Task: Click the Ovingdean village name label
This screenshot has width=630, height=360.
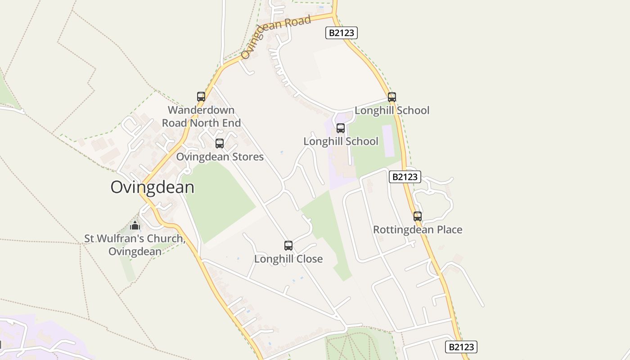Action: pyautogui.click(x=152, y=187)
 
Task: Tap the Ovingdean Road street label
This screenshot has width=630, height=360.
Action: pyautogui.click(x=276, y=36)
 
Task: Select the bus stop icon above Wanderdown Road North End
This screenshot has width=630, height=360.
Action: pyautogui.click(x=201, y=96)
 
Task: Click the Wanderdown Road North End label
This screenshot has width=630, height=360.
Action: pyautogui.click(x=201, y=117)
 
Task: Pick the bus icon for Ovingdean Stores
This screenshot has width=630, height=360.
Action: pyautogui.click(x=220, y=144)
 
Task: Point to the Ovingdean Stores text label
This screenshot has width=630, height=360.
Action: pyautogui.click(x=220, y=157)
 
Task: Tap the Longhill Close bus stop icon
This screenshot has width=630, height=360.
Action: pyautogui.click(x=288, y=246)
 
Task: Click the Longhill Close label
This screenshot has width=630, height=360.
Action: pyautogui.click(x=288, y=259)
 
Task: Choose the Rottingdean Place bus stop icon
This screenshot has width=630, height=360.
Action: pyautogui.click(x=418, y=216)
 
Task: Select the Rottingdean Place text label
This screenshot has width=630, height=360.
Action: pyautogui.click(x=418, y=229)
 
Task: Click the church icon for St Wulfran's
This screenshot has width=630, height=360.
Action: pyautogui.click(x=135, y=225)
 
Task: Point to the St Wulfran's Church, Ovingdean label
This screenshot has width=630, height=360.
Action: pyautogui.click(x=135, y=245)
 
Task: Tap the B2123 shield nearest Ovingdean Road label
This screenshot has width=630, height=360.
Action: pyautogui.click(x=342, y=33)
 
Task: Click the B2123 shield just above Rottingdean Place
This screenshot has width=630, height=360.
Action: pyautogui.click(x=405, y=177)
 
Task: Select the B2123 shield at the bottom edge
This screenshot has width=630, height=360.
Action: pyautogui.click(x=461, y=347)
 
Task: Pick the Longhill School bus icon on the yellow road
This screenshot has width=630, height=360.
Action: pyautogui.click(x=392, y=97)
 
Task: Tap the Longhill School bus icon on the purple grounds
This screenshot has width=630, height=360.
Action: pyautogui.click(x=341, y=128)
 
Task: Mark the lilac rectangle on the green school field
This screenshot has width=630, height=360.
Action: pyautogui.click(x=387, y=141)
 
